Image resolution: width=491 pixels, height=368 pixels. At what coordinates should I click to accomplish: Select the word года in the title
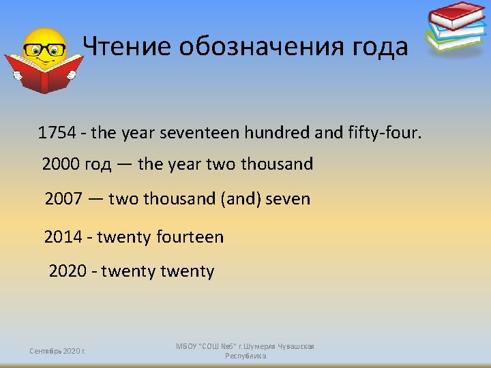[x=378, y=46]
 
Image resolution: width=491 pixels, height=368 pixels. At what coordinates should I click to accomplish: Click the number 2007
[x=64, y=199]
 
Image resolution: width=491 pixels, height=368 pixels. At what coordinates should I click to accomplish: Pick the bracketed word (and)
[x=239, y=199]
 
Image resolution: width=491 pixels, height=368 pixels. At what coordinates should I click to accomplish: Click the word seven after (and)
[x=287, y=199]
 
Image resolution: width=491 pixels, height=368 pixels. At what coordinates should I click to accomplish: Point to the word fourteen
[x=190, y=237]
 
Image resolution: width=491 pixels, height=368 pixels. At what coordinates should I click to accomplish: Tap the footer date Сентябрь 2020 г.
[x=57, y=351]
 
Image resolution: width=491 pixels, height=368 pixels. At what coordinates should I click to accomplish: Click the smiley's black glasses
[x=44, y=50]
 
